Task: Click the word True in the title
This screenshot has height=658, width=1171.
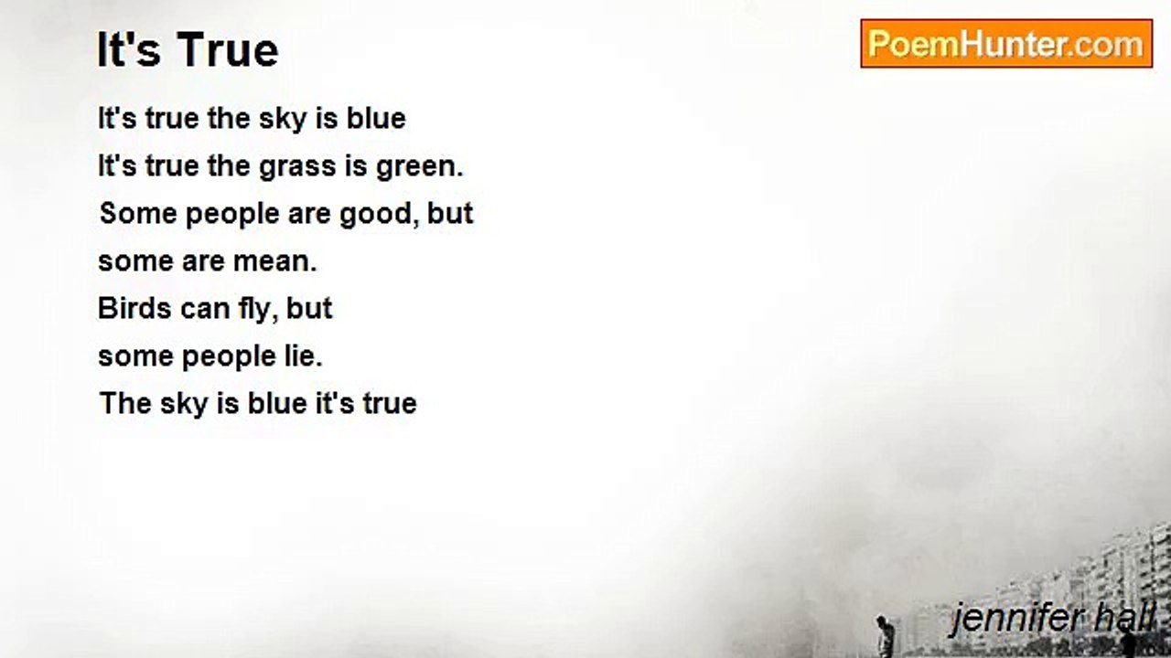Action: click(x=228, y=50)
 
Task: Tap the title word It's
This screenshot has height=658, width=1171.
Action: click(x=129, y=50)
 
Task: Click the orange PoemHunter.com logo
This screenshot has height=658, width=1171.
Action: click(x=1006, y=44)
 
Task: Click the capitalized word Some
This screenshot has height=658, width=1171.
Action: click(x=138, y=214)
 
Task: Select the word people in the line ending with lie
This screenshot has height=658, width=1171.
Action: click(x=229, y=357)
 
